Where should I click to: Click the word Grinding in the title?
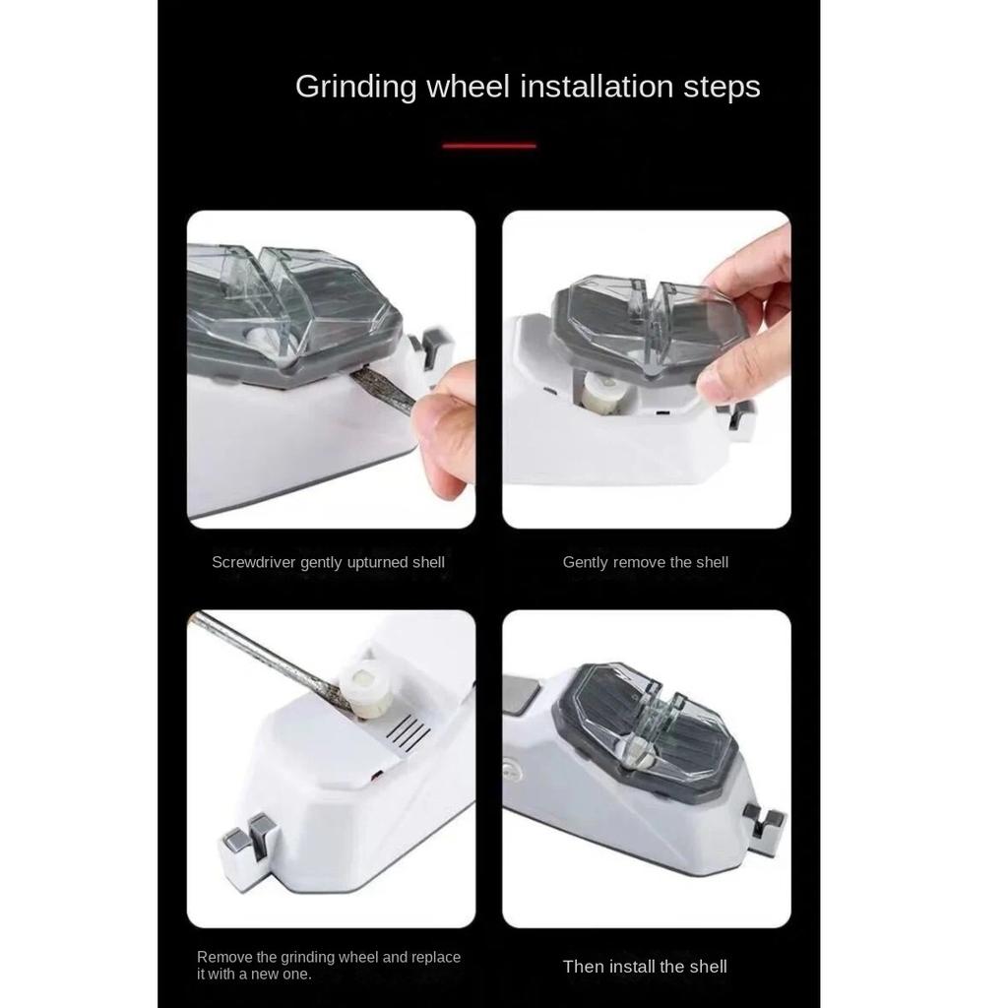pos(356,88)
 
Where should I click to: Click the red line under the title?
pos(489,146)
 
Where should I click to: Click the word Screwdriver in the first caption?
pos(254,562)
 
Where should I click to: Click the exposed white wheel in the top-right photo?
pos(606,392)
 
